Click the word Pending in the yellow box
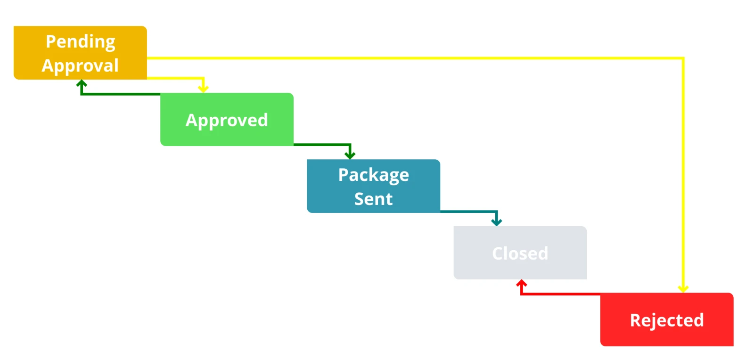tap(80, 41)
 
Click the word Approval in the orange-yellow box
tap(80, 65)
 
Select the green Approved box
tap(227, 120)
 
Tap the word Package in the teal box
tap(373, 175)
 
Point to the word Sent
tap(373, 199)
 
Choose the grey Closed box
tap(520, 253)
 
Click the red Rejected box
tap(666, 320)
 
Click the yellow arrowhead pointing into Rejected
tap(683, 288)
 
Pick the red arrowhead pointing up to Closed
tap(521, 284)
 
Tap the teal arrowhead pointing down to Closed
tap(496, 221)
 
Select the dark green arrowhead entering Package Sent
tap(350, 155)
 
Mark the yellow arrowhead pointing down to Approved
tap(203, 88)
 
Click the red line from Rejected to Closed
tap(561, 294)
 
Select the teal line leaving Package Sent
tap(469, 212)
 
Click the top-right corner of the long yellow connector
tap(683, 58)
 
